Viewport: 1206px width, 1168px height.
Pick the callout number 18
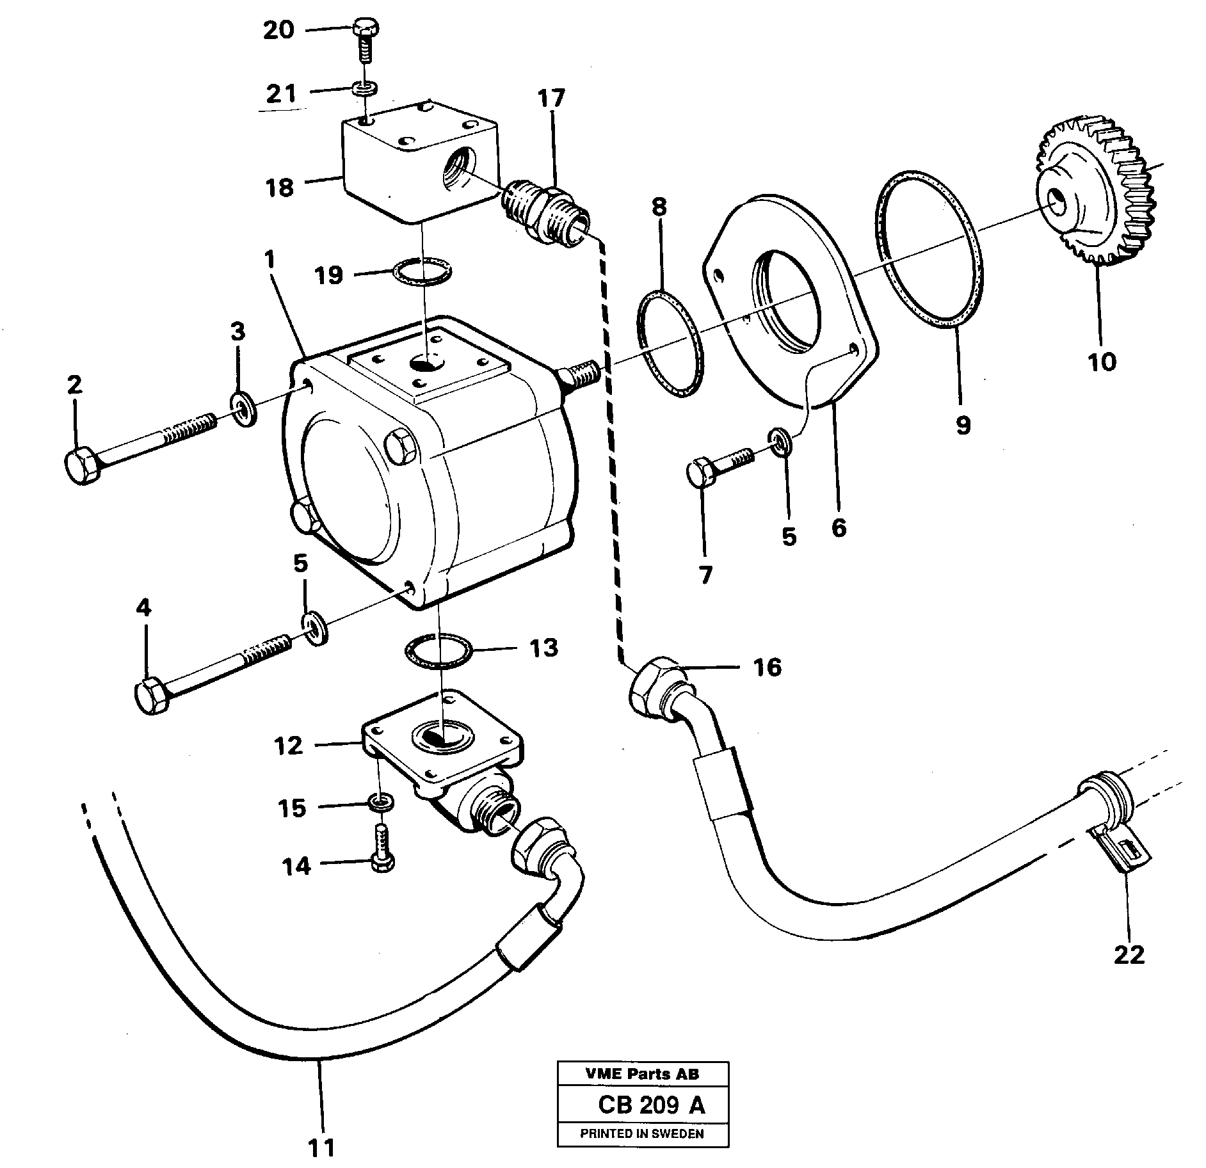pyautogui.click(x=280, y=188)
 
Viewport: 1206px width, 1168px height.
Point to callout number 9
pyautogui.click(x=963, y=424)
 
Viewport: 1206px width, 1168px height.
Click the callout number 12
pyautogui.click(x=288, y=746)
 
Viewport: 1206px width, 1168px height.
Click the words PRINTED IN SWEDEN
pyautogui.click(x=642, y=1133)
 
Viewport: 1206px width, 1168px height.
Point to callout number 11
pyautogui.click(x=322, y=1148)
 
